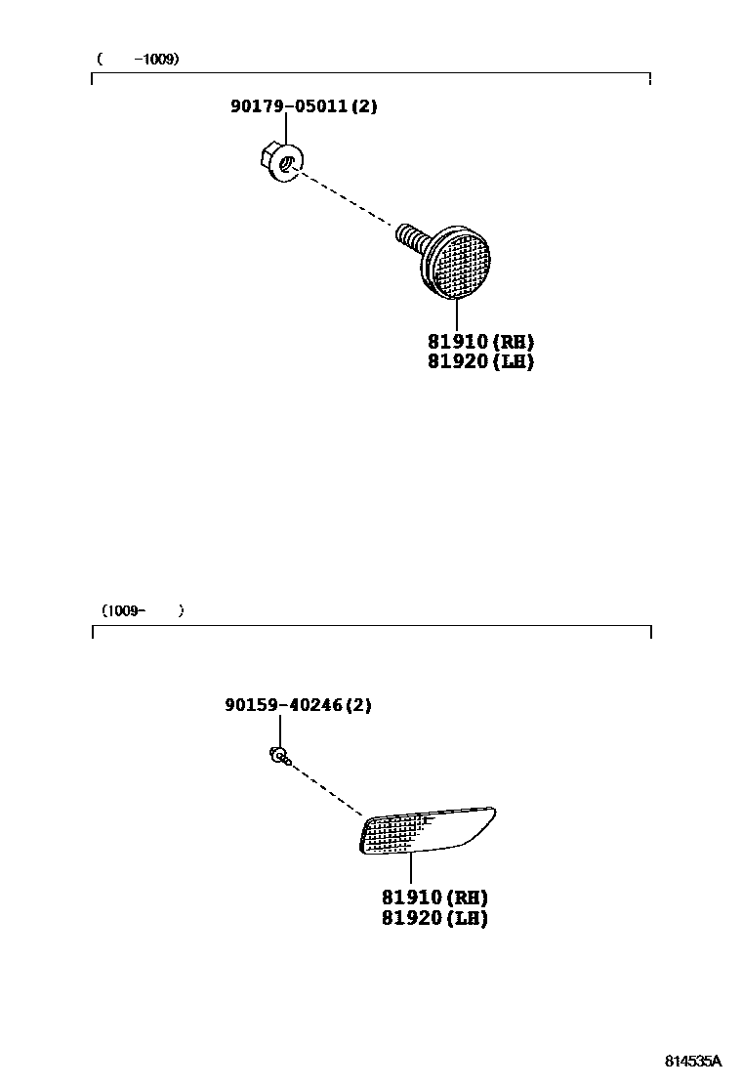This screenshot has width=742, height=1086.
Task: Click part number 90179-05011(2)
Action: [303, 106]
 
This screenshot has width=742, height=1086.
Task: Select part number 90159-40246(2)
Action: [298, 704]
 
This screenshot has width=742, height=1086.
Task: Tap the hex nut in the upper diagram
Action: [282, 162]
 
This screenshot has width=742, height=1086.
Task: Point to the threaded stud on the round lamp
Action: [410, 235]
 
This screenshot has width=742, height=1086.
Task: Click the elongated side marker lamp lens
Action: [427, 829]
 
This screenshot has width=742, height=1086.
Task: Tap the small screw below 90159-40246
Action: [278, 755]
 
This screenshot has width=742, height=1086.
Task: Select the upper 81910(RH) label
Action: [480, 342]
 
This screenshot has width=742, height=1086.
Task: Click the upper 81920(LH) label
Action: [480, 361]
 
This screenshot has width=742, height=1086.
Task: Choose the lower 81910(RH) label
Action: [434, 898]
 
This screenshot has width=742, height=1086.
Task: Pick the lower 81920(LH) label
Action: [434, 918]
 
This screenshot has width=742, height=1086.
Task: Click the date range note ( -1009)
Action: [138, 60]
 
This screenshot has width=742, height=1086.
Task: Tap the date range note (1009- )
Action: [142, 610]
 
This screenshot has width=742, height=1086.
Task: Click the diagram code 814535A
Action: [693, 1061]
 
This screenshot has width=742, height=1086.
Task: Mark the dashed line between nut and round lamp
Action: [347, 199]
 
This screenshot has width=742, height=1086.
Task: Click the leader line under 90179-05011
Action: [286, 129]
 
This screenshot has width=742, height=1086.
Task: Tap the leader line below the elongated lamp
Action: [410, 868]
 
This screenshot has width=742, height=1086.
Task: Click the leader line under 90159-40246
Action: [279, 730]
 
